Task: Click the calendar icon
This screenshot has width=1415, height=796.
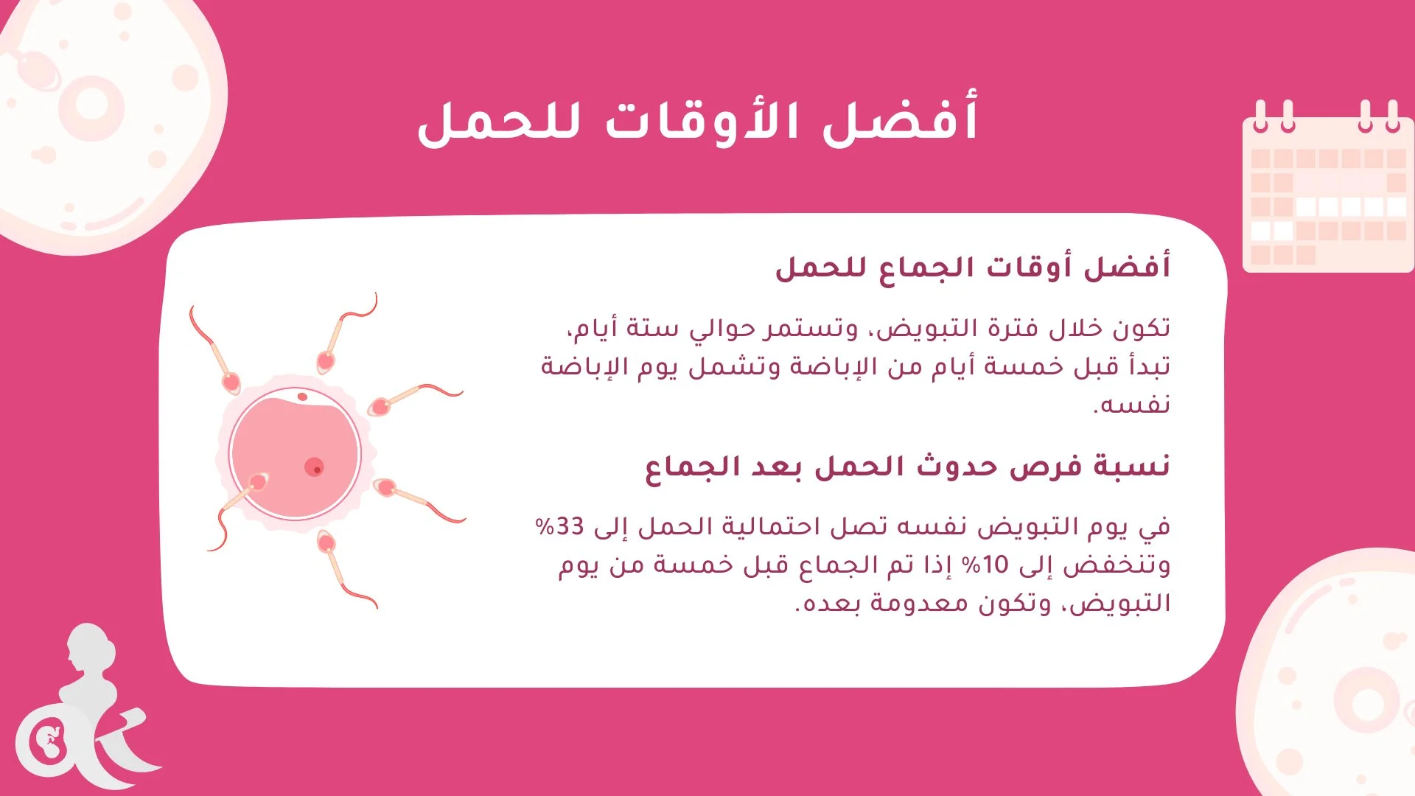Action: click(1327, 188)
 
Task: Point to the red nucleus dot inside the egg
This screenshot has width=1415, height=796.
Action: click(314, 467)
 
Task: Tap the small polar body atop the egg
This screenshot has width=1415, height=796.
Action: click(302, 397)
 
